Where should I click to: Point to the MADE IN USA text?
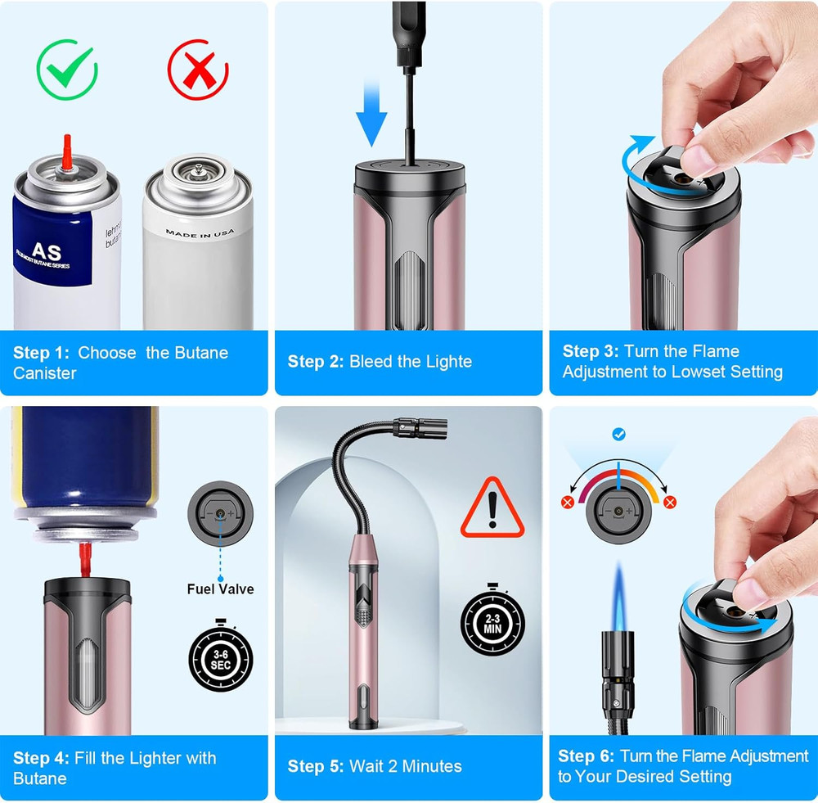tap(200, 232)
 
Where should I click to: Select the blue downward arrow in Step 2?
tap(371, 115)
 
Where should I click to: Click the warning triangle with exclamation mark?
tap(492, 508)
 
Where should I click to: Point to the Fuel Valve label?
tap(220, 589)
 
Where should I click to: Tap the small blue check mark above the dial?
tap(619, 434)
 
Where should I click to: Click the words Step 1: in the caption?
tap(41, 353)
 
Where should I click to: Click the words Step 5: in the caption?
tap(315, 766)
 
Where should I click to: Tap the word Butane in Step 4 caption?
tap(40, 778)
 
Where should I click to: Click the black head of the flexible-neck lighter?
tap(423, 427)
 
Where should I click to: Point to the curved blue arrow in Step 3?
tap(639, 164)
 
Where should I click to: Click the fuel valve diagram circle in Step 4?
tap(220, 513)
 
